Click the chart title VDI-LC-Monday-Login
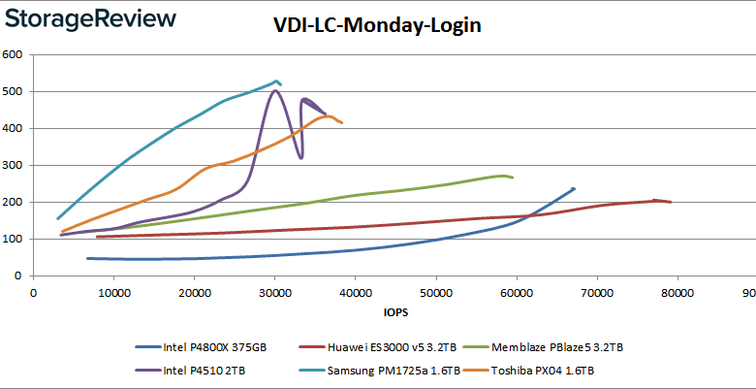[x=377, y=26]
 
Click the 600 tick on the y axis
[x=14, y=54]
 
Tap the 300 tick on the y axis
[x=14, y=165]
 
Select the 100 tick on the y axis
[x=14, y=239]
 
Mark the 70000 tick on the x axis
[x=596, y=291]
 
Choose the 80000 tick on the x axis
[x=677, y=291]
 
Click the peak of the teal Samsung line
[x=276, y=81]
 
